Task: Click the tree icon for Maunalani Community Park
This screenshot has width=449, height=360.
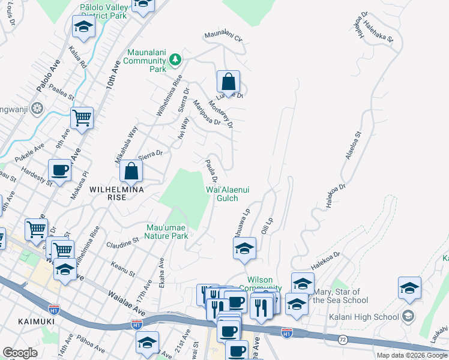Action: click(x=175, y=59)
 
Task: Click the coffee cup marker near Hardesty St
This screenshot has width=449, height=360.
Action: click(x=60, y=171)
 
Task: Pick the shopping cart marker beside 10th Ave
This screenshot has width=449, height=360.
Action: click(x=82, y=118)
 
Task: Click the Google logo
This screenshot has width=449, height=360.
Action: click(x=20, y=353)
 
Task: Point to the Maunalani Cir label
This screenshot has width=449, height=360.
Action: click(x=223, y=38)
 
